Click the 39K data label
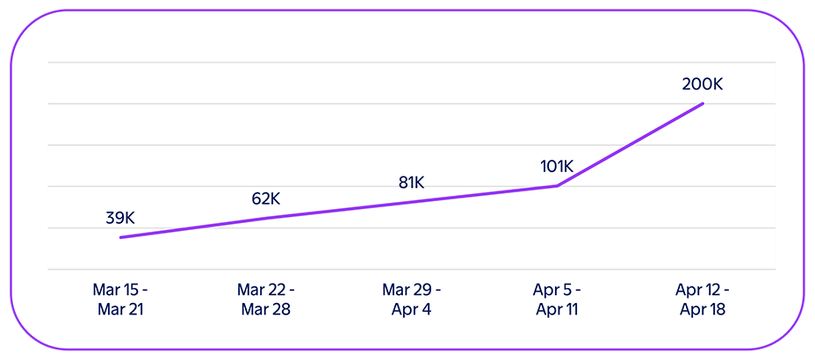pyautogui.click(x=120, y=219)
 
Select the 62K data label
pyautogui.click(x=266, y=198)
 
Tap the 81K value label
pyautogui.click(x=411, y=183)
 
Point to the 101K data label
pyautogui.click(x=556, y=166)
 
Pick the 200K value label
pyautogui.click(x=702, y=84)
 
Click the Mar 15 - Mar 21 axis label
pyautogui.click(x=120, y=299)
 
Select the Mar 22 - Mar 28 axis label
pyautogui.click(x=266, y=299)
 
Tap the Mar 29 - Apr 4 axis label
pyautogui.click(x=411, y=299)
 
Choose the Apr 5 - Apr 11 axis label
pyautogui.click(x=557, y=299)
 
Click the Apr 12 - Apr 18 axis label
pyautogui.click(x=702, y=299)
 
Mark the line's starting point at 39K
pyautogui.click(x=121, y=237)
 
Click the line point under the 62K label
pyautogui.click(x=266, y=217)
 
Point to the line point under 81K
pyautogui.click(x=411, y=201)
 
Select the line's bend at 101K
pyautogui.click(x=557, y=185)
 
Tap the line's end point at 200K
pyautogui.click(x=703, y=104)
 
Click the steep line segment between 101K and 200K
pyautogui.click(x=630, y=145)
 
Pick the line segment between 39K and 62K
pyautogui.click(x=193, y=227)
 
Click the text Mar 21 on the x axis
pyautogui.click(x=120, y=310)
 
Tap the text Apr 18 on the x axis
pyautogui.click(x=702, y=310)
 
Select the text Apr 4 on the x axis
pyautogui.click(x=411, y=310)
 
